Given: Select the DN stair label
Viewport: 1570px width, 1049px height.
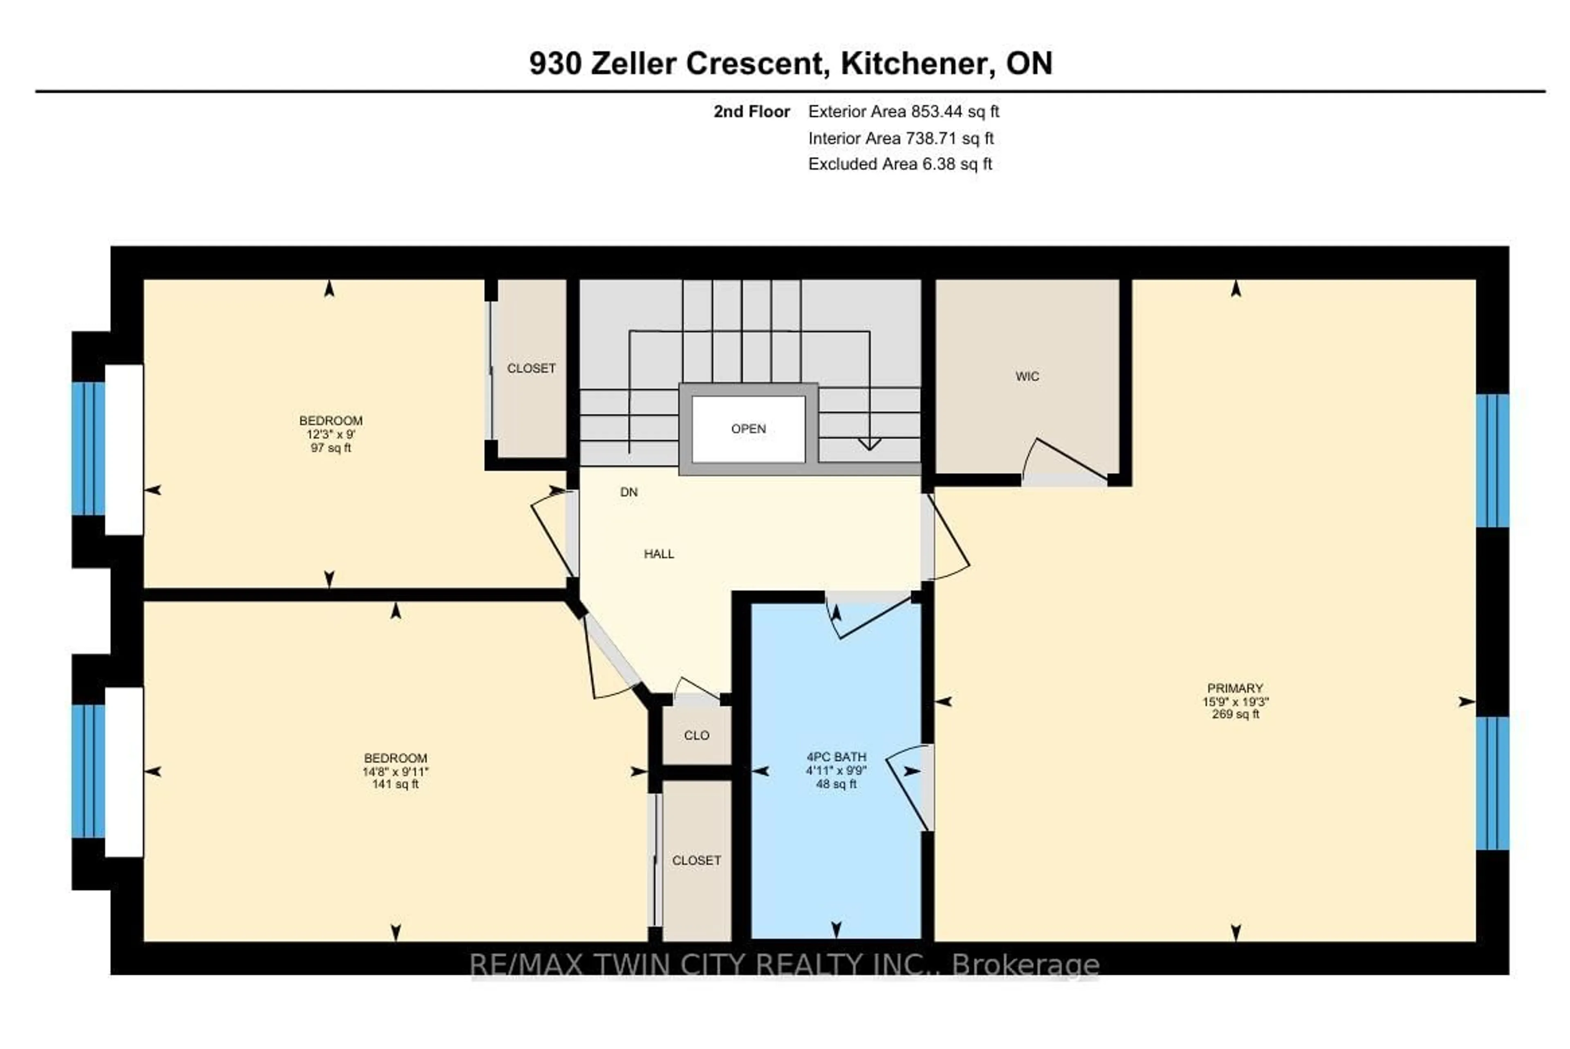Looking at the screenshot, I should (x=628, y=492).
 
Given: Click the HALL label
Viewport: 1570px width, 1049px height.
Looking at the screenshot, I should (x=659, y=554).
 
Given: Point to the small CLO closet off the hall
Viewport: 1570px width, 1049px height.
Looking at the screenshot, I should (x=696, y=735).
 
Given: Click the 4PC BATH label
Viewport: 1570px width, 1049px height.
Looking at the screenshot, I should (x=836, y=757).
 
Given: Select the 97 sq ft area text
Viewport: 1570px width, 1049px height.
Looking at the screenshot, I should (x=331, y=447).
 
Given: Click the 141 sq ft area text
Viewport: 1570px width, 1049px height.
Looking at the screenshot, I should (x=395, y=784).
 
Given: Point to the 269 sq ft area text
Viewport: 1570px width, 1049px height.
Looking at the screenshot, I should (x=1235, y=714).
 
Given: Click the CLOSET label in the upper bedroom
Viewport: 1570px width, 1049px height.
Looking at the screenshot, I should (x=531, y=369).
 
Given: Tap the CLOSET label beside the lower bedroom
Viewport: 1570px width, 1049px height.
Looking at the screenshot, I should (x=696, y=860).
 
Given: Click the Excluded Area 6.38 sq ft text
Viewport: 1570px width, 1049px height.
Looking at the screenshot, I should (x=899, y=164).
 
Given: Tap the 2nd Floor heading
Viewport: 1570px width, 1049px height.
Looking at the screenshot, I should (x=751, y=112).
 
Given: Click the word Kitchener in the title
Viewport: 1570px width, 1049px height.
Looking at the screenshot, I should (x=913, y=64).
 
